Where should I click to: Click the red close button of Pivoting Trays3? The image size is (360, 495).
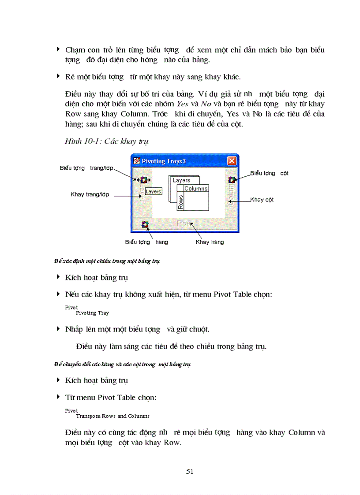(232, 161)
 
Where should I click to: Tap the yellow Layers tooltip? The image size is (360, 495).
(153, 192)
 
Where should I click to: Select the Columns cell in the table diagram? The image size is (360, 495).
(195, 189)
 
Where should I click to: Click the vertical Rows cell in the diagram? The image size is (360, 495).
(180, 202)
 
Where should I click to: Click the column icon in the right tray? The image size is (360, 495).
(231, 179)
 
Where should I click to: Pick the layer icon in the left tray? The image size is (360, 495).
(144, 180)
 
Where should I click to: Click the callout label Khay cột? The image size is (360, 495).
(262, 200)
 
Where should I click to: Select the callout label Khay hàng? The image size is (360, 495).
(210, 242)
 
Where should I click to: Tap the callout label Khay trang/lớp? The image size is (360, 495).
(90, 194)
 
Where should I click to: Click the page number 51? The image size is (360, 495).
(190, 471)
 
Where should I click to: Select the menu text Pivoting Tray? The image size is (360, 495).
(92, 313)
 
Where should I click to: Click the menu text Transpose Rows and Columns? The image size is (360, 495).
(112, 416)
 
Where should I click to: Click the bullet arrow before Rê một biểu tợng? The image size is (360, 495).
(58, 76)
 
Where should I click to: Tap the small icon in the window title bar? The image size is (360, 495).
(136, 161)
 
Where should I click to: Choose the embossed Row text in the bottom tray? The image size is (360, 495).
(184, 223)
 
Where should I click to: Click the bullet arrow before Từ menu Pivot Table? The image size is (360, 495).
(58, 397)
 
